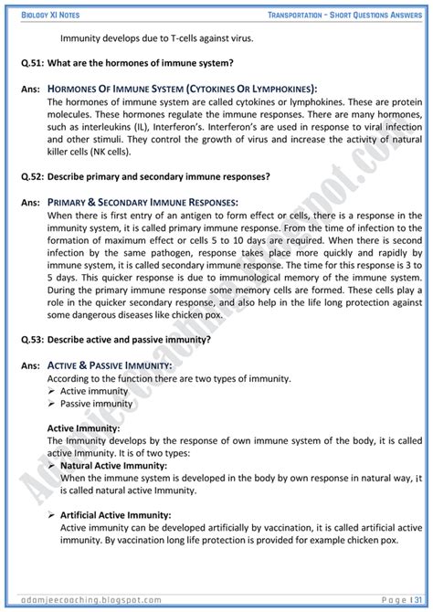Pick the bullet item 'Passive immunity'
tap(96, 403)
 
